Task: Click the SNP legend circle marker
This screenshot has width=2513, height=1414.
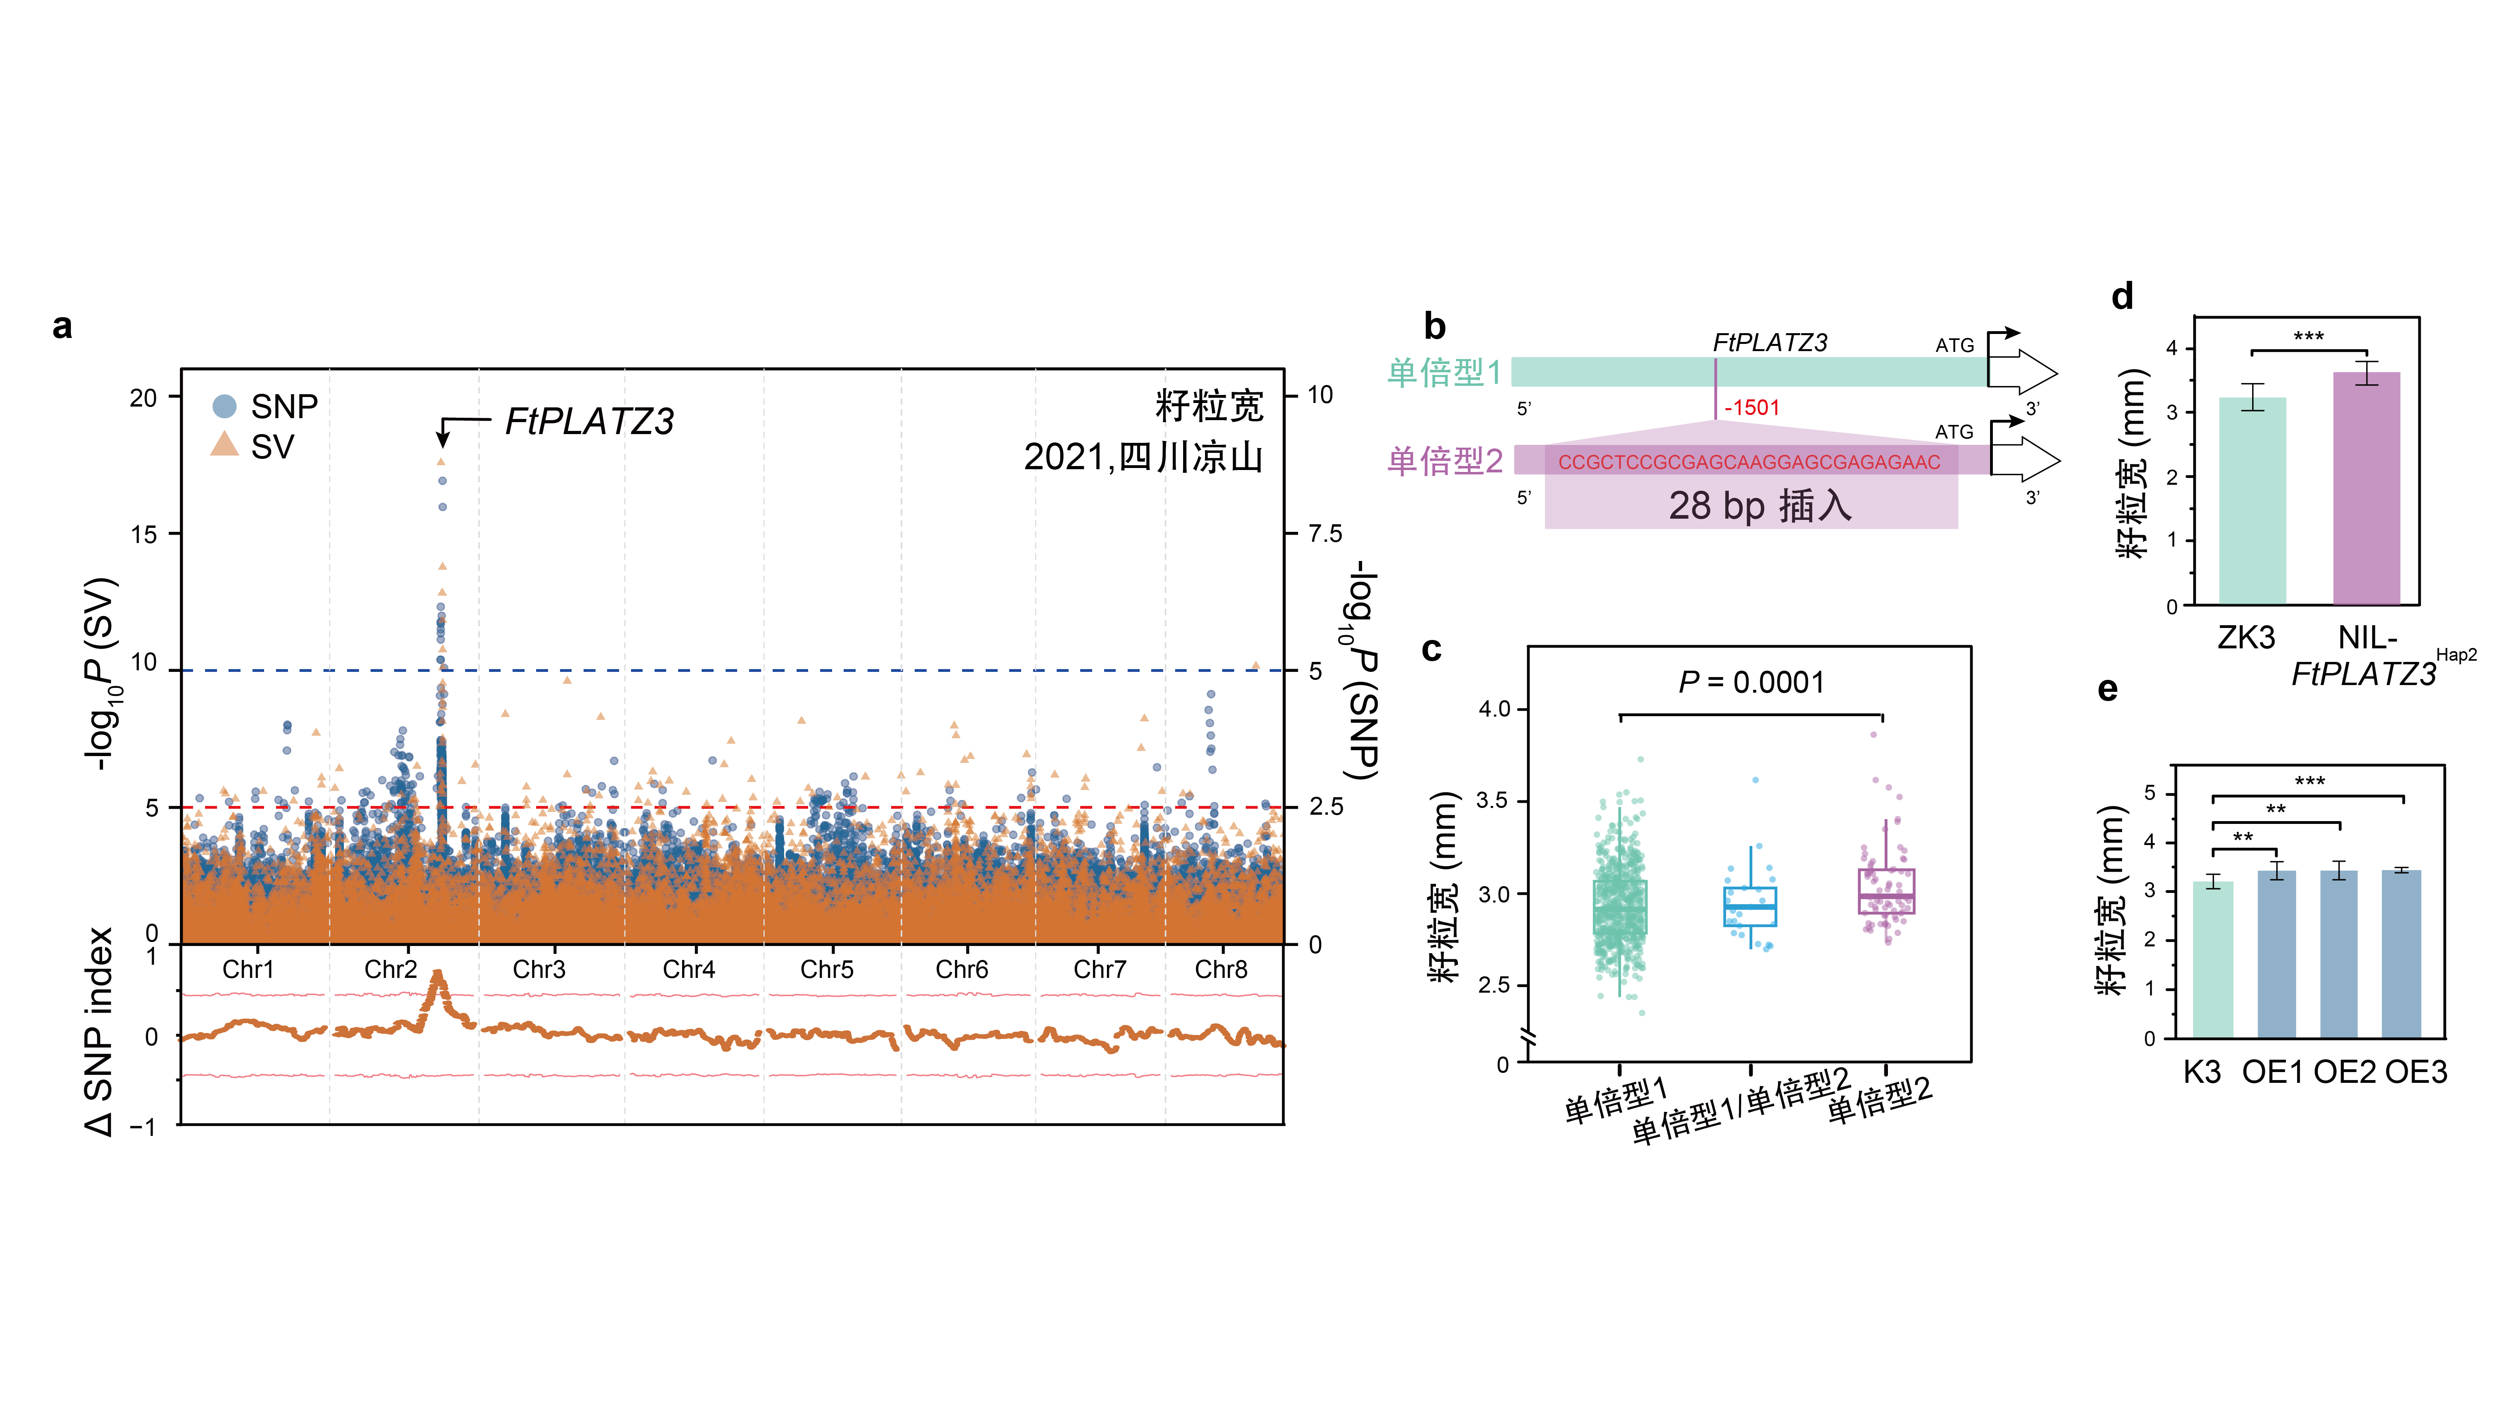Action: click(x=224, y=406)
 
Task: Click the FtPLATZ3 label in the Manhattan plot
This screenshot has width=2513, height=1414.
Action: click(x=589, y=422)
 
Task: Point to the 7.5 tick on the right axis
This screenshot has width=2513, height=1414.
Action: click(x=1325, y=534)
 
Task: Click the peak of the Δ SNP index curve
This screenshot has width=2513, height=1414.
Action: click(x=437, y=973)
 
